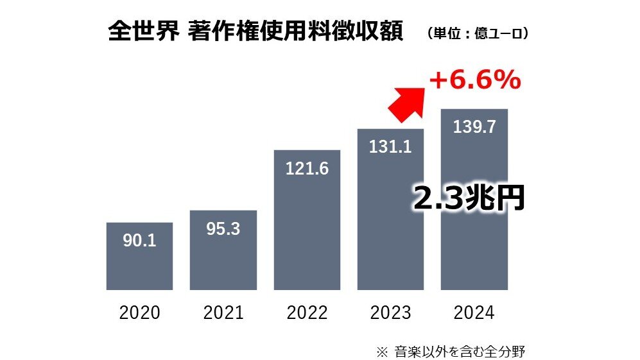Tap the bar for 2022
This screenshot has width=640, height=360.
[307, 237]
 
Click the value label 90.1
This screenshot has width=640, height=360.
[139, 241]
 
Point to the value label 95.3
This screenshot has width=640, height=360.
[223, 229]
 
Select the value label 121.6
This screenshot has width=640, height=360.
[307, 169]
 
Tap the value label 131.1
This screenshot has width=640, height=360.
[390, 147]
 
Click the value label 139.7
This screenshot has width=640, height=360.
[474, 127]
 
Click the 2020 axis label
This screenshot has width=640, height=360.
[139, 313]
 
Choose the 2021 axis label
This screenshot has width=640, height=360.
[223, 313]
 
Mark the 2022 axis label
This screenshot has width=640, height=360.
[307, 313]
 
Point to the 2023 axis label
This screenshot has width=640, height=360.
[390, 313]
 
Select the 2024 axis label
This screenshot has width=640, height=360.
[474, 313]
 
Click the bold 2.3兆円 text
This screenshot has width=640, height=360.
[467, 200]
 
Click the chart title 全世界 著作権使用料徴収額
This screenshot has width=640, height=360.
[255, 32]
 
